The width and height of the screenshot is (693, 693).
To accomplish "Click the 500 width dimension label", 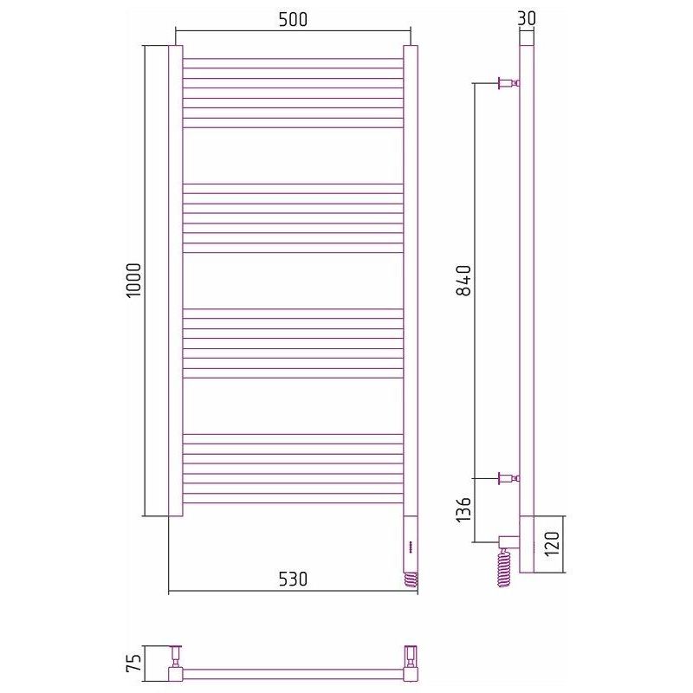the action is click(293, 19).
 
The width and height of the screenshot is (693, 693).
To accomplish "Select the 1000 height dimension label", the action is click(133, 280).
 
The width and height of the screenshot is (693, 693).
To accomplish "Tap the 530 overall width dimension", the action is click(293, 579).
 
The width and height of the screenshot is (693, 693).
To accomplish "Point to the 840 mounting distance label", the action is click(463, 281).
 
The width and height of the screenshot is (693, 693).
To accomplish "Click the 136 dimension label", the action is click(463, 509).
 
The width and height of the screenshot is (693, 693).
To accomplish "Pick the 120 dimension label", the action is click(553, 544).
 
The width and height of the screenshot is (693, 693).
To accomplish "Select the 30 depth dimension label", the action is click(527, 18).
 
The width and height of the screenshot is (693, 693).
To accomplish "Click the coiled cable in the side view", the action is click(504, 567).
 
